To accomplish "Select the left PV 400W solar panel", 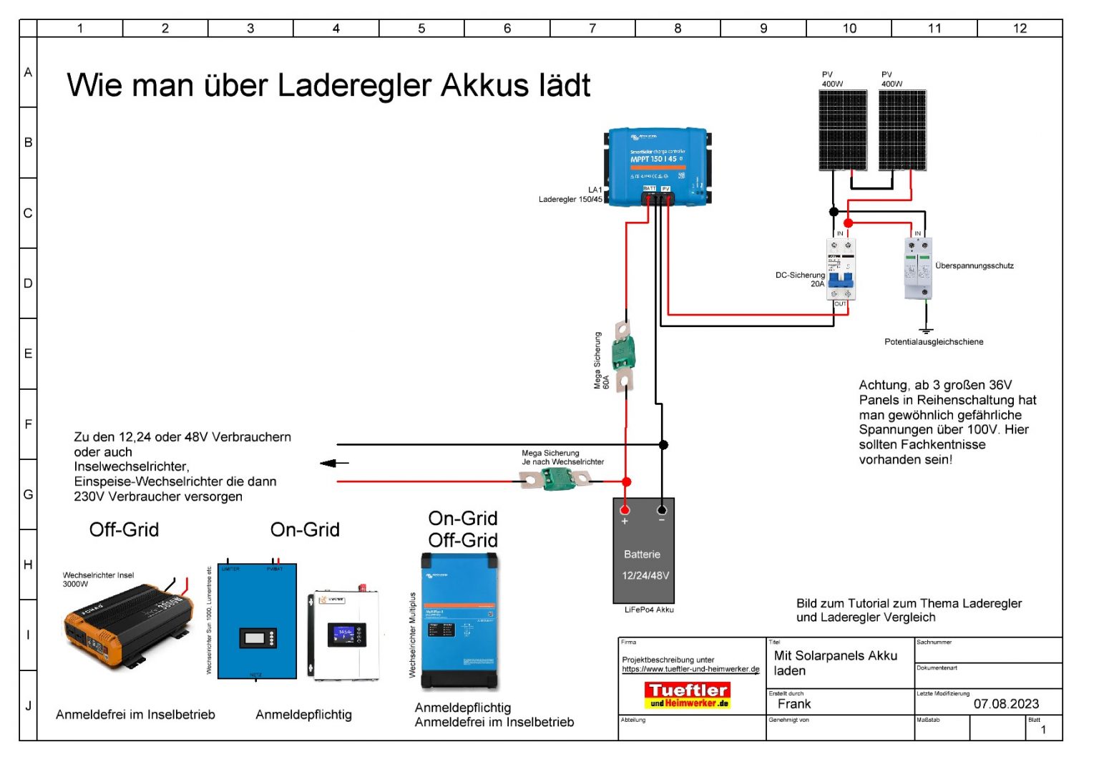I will point(843,130).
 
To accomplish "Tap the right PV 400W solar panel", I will point(902,130).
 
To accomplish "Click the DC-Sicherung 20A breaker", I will point(841,270).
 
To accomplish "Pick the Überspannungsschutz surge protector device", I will point(918,268).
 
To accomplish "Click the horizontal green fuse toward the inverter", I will point(556,479).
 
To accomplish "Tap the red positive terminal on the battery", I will point(625,510).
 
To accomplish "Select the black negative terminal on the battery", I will point(662,510).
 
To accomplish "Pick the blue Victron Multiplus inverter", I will point(459,621).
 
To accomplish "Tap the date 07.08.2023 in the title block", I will point(1006,704).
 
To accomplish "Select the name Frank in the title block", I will point(794,704).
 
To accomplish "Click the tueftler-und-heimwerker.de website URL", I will point(690,670).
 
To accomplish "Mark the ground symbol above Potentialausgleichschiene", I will point(926,331).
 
